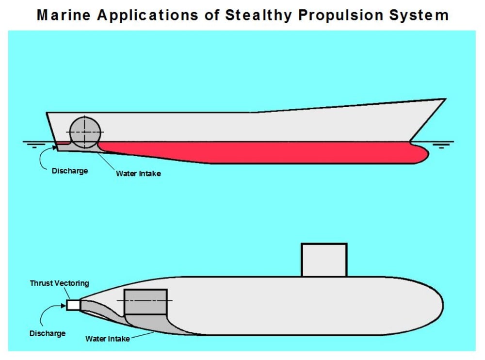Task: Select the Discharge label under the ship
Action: pos(70,171)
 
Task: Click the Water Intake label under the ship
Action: pos(138,173)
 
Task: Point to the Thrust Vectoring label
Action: pos(59,283)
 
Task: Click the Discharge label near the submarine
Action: pos(48,333)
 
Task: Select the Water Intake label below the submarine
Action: pos(108,339)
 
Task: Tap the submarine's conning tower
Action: pos(324,260)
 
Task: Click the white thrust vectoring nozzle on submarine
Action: pos(73,305)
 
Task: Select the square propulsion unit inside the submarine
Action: pos(145,301)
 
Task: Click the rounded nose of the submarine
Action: pos(434,306)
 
